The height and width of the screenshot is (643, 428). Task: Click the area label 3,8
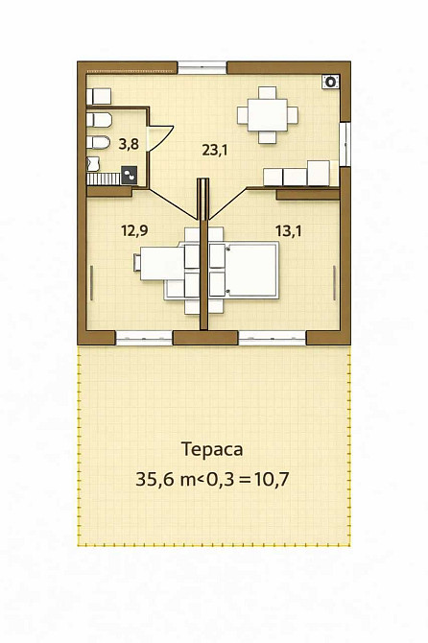coord(128,146)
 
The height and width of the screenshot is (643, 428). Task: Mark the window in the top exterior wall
coord(202,67)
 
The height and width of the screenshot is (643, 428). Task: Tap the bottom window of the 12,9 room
coord(143,337)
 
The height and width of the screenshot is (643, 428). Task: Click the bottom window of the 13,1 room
coord(272,337)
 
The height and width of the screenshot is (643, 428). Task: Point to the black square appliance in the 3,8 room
coord(130,176)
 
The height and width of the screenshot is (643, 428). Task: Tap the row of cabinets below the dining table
coord(297,176)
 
